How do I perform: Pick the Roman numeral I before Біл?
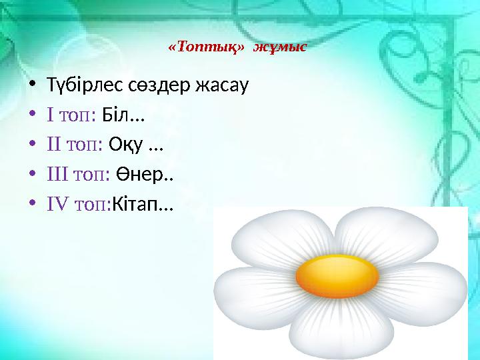click(51, 115)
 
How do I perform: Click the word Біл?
click(115, 115)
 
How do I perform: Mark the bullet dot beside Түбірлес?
click(31, 86)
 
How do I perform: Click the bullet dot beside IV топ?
click(31, 205)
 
